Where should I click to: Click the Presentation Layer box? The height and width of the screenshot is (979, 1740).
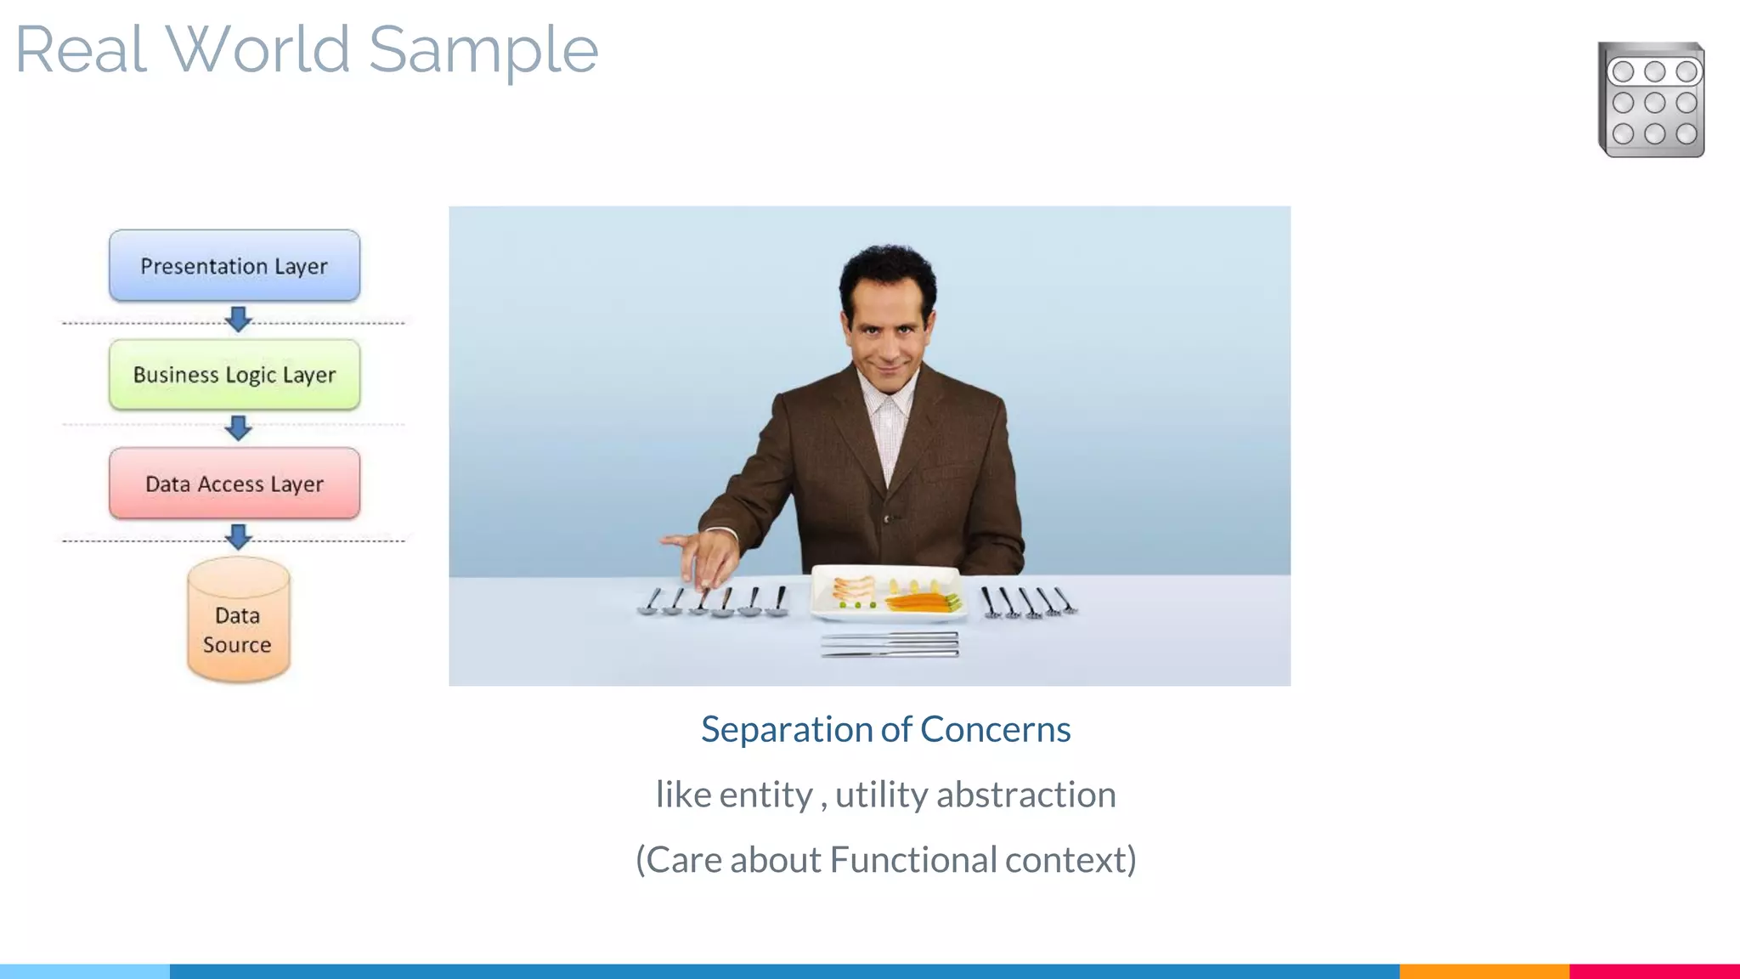(x=234, y=266)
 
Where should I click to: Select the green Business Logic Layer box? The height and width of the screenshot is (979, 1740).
(x=234, y=375)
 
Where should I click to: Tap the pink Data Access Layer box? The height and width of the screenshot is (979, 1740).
(x=234, y=484)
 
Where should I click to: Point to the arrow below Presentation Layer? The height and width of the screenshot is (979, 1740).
(x=239, y=320)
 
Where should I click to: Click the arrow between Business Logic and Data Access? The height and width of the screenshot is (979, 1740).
(x=239, y=427)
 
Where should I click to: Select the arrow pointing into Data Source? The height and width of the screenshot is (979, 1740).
(x=239, y=536)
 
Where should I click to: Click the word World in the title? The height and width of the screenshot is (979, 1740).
(x=257, y=49)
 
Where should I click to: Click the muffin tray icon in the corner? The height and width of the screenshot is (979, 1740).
(x=1651, y=100)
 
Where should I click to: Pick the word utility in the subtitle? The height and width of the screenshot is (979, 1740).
(x=881, y=795)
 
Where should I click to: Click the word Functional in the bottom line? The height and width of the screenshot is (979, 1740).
(x=913, y=860)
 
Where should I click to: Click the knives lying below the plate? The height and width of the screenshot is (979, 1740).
(x=890, y=645)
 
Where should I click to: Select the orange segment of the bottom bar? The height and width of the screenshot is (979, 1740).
(x=1483, y=971)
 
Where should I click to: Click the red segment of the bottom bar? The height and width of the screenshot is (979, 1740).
(x=1653, y=971)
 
